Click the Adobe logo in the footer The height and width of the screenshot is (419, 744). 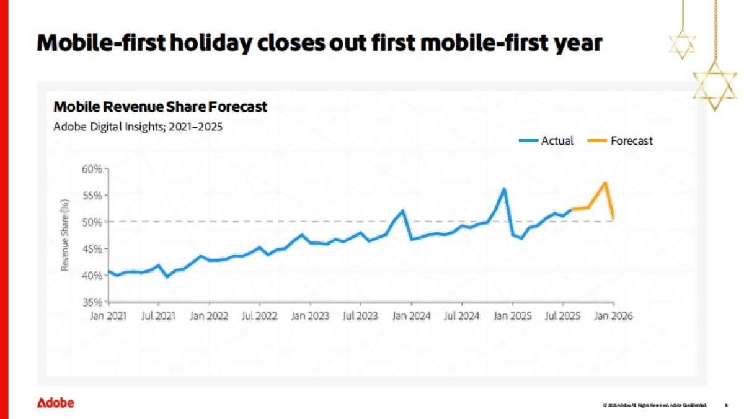pyautogui.click(x=55, y=403)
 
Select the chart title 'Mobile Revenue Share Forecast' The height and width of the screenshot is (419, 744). pyautogui.click(x=160, y=107)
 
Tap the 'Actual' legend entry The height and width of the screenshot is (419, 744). pyautogui.click(x=557, y=141)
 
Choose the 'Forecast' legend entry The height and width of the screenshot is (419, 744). pyautogui.click(x=631, y=141)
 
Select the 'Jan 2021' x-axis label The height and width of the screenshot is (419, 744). pyautogui.click(x=108, y=315)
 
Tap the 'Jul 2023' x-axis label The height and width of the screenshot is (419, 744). pyautogui.click(x=360, y=315)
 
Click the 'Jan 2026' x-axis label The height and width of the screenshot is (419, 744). pyautogui.click(x=613, y=315)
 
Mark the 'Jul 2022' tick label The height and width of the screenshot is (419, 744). pyautogui.click(x=259, y=315)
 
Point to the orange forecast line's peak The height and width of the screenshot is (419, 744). pyautogui.click(x=604, y=182)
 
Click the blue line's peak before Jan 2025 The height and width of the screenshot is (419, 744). pyautogui.click(x=504, y=189)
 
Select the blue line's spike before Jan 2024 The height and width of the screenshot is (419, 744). pyautogui.click(x=403, y=210)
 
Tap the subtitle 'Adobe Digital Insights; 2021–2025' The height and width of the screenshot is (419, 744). pyautogui.click(x=138, y=126)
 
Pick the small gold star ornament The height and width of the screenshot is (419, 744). pyautogui.click(x=682, y=44)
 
